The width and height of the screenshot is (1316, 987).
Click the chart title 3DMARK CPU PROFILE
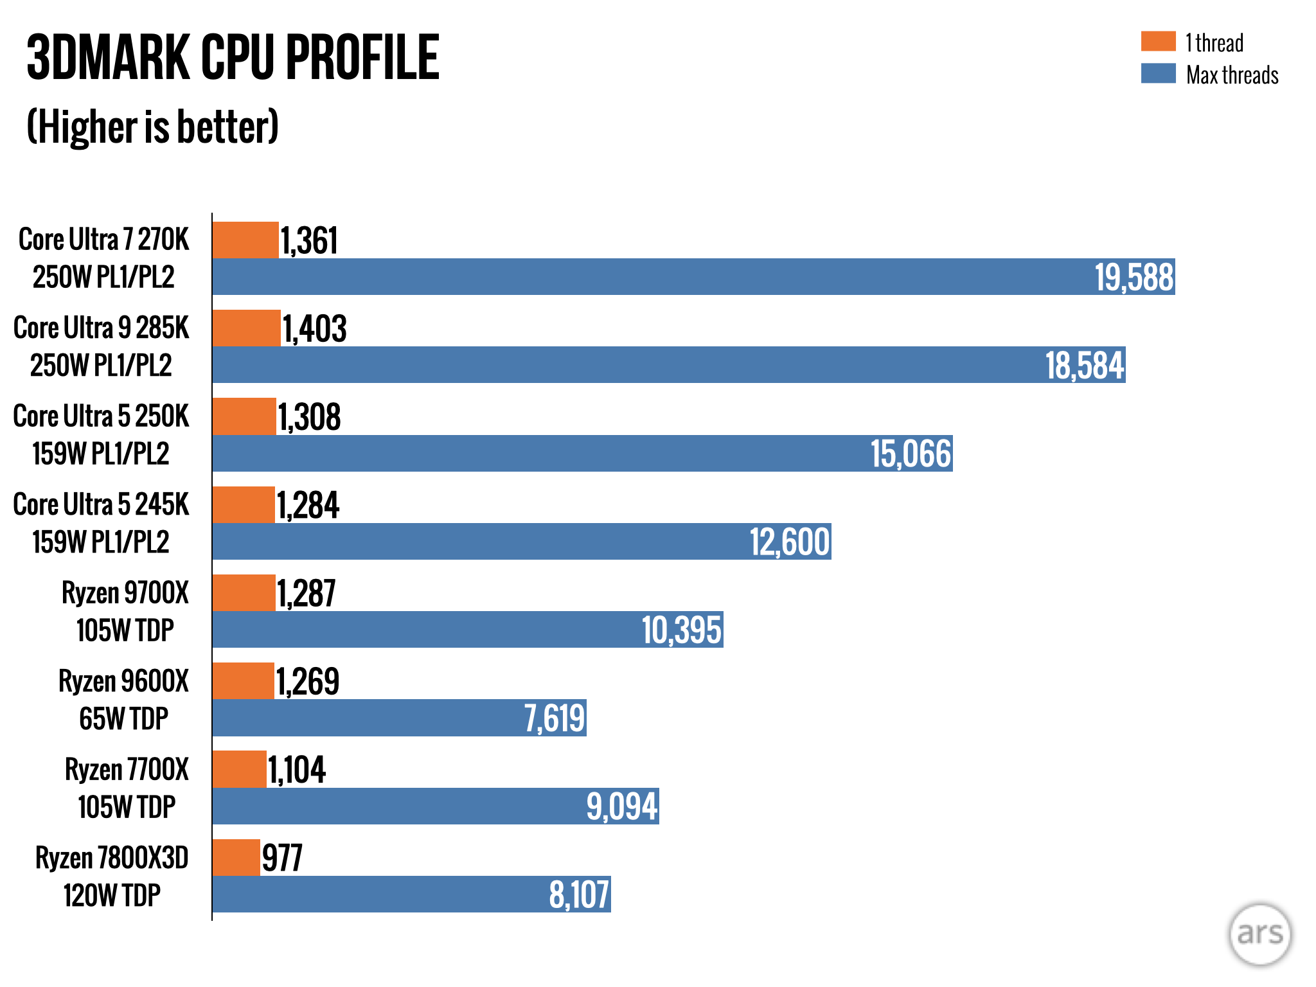tap(233, 58)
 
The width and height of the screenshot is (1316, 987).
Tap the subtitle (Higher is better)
tap(152, 127)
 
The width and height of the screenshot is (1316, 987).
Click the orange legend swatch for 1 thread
tap(1158, 41)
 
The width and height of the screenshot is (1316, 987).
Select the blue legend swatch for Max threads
tap(1158, 73)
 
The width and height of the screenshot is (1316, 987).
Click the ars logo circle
tap(1259, 934)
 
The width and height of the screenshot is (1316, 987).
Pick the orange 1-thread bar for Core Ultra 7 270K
tap(245, 240)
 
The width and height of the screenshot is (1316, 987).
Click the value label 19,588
tap(1134, 278)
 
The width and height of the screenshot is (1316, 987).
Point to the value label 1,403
tap(315, 329)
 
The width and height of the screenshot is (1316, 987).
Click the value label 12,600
tap(790, 542)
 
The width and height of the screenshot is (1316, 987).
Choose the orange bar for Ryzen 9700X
tap(244, 592)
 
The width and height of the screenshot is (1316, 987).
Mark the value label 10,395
tap(682, 630)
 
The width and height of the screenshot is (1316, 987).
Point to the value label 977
tap(282, 858)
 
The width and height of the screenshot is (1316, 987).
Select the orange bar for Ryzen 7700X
tap(239, 769)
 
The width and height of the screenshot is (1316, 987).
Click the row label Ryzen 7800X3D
tap(112, 858)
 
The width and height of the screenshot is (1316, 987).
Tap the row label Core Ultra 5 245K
tap(101, 505)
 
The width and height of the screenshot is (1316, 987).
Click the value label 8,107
tap(579, 895)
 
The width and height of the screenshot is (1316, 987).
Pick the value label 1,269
tap(308, 682)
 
